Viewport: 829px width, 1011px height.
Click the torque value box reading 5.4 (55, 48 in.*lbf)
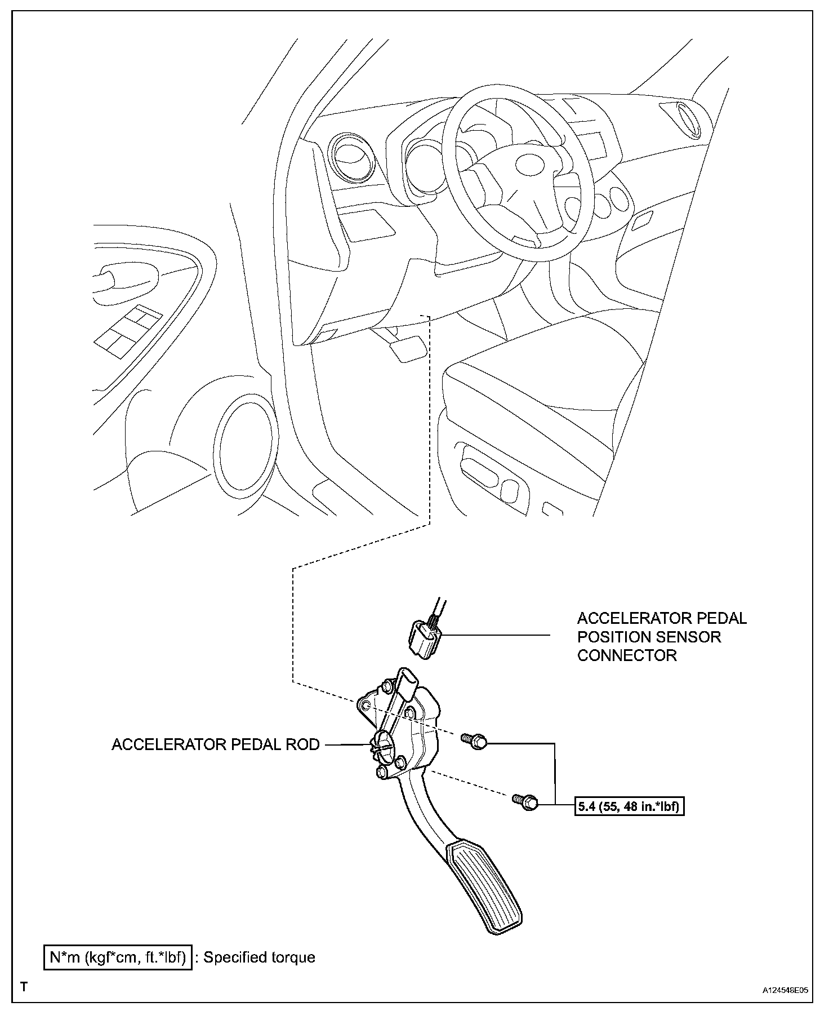(x=629, y=806)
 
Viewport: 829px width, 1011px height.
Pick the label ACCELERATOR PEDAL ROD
(x=216, y=744)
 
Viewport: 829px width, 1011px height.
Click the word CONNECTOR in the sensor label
(x=627, y=655)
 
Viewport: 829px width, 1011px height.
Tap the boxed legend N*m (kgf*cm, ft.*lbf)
(x=118, y=957)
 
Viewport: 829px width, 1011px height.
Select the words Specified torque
(x=259, y=957)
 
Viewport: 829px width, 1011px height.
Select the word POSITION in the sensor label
(x=649, y=637)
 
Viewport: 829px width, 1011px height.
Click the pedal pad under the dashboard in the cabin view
(x=405, y=348)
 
